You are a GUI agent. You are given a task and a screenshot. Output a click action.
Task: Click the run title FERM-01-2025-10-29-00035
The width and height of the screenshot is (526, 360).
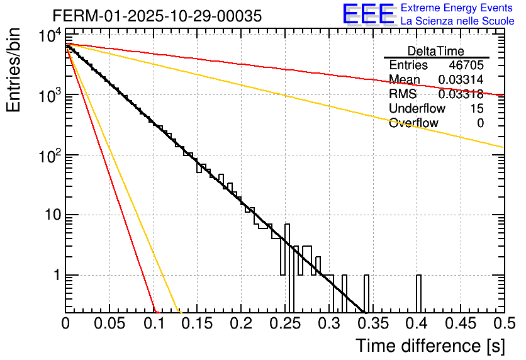[157, 16]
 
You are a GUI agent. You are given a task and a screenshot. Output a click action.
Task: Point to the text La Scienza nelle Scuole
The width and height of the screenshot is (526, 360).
[457, 21]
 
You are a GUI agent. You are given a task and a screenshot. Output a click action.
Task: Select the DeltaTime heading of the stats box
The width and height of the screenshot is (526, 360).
[435, 51]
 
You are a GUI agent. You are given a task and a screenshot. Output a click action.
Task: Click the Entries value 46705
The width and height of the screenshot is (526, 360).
[466, 65]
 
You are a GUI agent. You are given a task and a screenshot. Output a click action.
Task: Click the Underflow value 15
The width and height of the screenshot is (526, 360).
[476, 109]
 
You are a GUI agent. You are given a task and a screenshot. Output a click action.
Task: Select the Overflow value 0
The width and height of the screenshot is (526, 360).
[480, 123]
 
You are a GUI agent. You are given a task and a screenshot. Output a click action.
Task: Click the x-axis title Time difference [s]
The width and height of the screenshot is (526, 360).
[430, 346]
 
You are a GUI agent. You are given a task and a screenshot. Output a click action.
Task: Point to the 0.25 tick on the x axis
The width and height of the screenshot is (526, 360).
[285, 323]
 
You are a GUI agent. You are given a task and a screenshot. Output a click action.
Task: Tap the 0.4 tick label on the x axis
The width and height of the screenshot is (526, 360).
[416, 323]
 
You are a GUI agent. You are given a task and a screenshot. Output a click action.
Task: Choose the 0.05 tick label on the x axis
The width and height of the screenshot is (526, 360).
[109, 323]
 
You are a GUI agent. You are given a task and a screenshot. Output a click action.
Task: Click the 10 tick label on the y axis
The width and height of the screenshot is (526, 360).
[48, 215]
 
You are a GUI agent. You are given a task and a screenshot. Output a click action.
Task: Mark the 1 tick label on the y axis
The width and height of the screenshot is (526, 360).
[55, 275]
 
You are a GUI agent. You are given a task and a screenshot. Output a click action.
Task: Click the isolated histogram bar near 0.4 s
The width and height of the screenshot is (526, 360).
[418, 293]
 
